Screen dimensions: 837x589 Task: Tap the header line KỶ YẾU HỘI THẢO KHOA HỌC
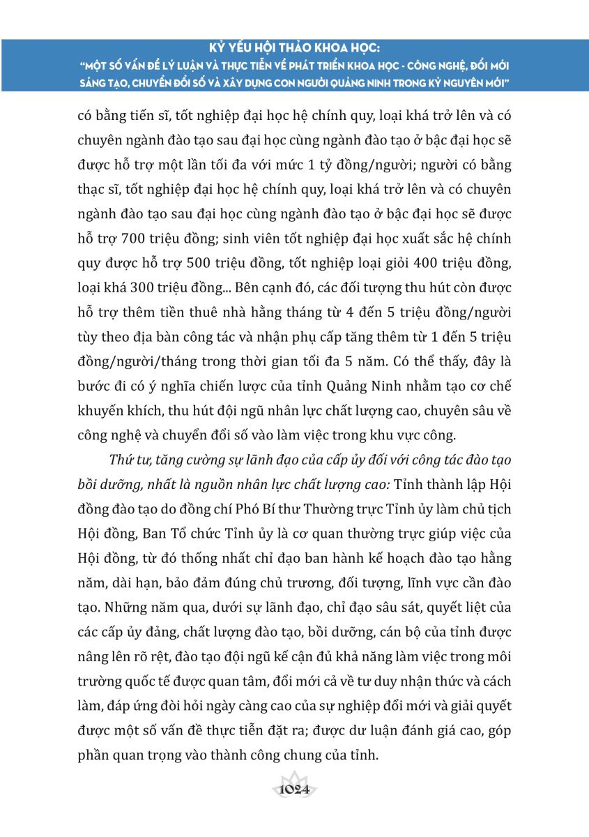point(294,50)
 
